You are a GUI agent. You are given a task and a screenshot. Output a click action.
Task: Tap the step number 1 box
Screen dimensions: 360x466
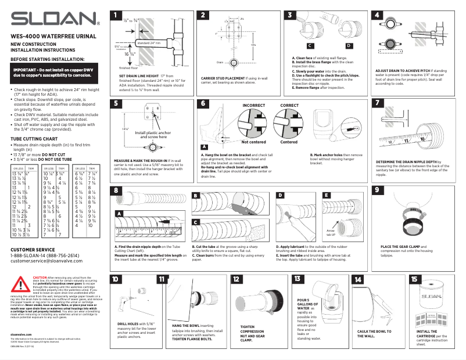[x=117, y=15]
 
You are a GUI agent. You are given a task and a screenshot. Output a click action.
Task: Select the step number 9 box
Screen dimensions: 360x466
[x=379, y=190]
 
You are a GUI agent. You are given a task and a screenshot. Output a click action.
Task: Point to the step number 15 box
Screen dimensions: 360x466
[x=414, y=279]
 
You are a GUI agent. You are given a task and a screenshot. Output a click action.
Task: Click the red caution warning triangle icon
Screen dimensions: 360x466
[x=23, y=284]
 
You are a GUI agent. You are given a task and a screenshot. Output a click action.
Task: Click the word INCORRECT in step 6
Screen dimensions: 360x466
[x=253, y=105]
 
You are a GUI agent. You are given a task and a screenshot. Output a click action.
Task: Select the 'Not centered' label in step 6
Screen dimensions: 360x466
[x=253, y=142]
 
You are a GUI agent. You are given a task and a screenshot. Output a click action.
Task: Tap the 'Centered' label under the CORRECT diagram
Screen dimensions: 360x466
[x=289, y=142]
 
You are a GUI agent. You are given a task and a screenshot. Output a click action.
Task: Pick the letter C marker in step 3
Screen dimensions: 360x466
[x=311, y=45]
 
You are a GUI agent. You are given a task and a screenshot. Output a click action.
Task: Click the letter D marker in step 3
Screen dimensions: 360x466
[x=348, y=45]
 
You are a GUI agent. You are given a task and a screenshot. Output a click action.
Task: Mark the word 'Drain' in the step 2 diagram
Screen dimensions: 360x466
[x=220, y=62]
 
